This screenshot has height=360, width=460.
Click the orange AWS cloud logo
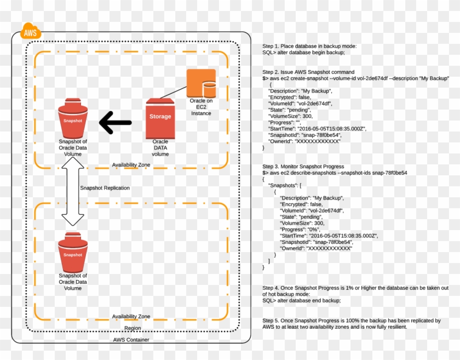pyautogui.click(x=30, y=33)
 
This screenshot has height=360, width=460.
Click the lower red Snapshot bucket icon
pyautogui.click(x=73, y=253)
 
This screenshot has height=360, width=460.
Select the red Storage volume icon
pyautogui.click(x=160, y=118)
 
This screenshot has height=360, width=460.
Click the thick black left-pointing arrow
pyautogui.click(x=116, y=123)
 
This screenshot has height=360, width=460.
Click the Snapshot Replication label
pyautogui.click(x=105, y=188)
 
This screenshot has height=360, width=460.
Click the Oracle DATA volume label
pyautogui.click(x=160, y=147)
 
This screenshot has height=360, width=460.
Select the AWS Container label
pyautogui.click(x=131, y=340)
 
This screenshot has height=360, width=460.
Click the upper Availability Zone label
pyautogui.click(x=131, y=164)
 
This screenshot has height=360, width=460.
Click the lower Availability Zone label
pyautogui.click(x=131, y=317)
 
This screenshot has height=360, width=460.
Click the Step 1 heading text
pyautogui.click(x=309, y=46)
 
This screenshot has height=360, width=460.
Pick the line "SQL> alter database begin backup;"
pyautogui.click(x=303, y=53)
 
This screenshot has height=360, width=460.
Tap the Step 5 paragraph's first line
pyautogui.click(x=352, y=320)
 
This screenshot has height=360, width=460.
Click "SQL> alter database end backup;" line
pyautogui.click(x=301, y=300)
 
